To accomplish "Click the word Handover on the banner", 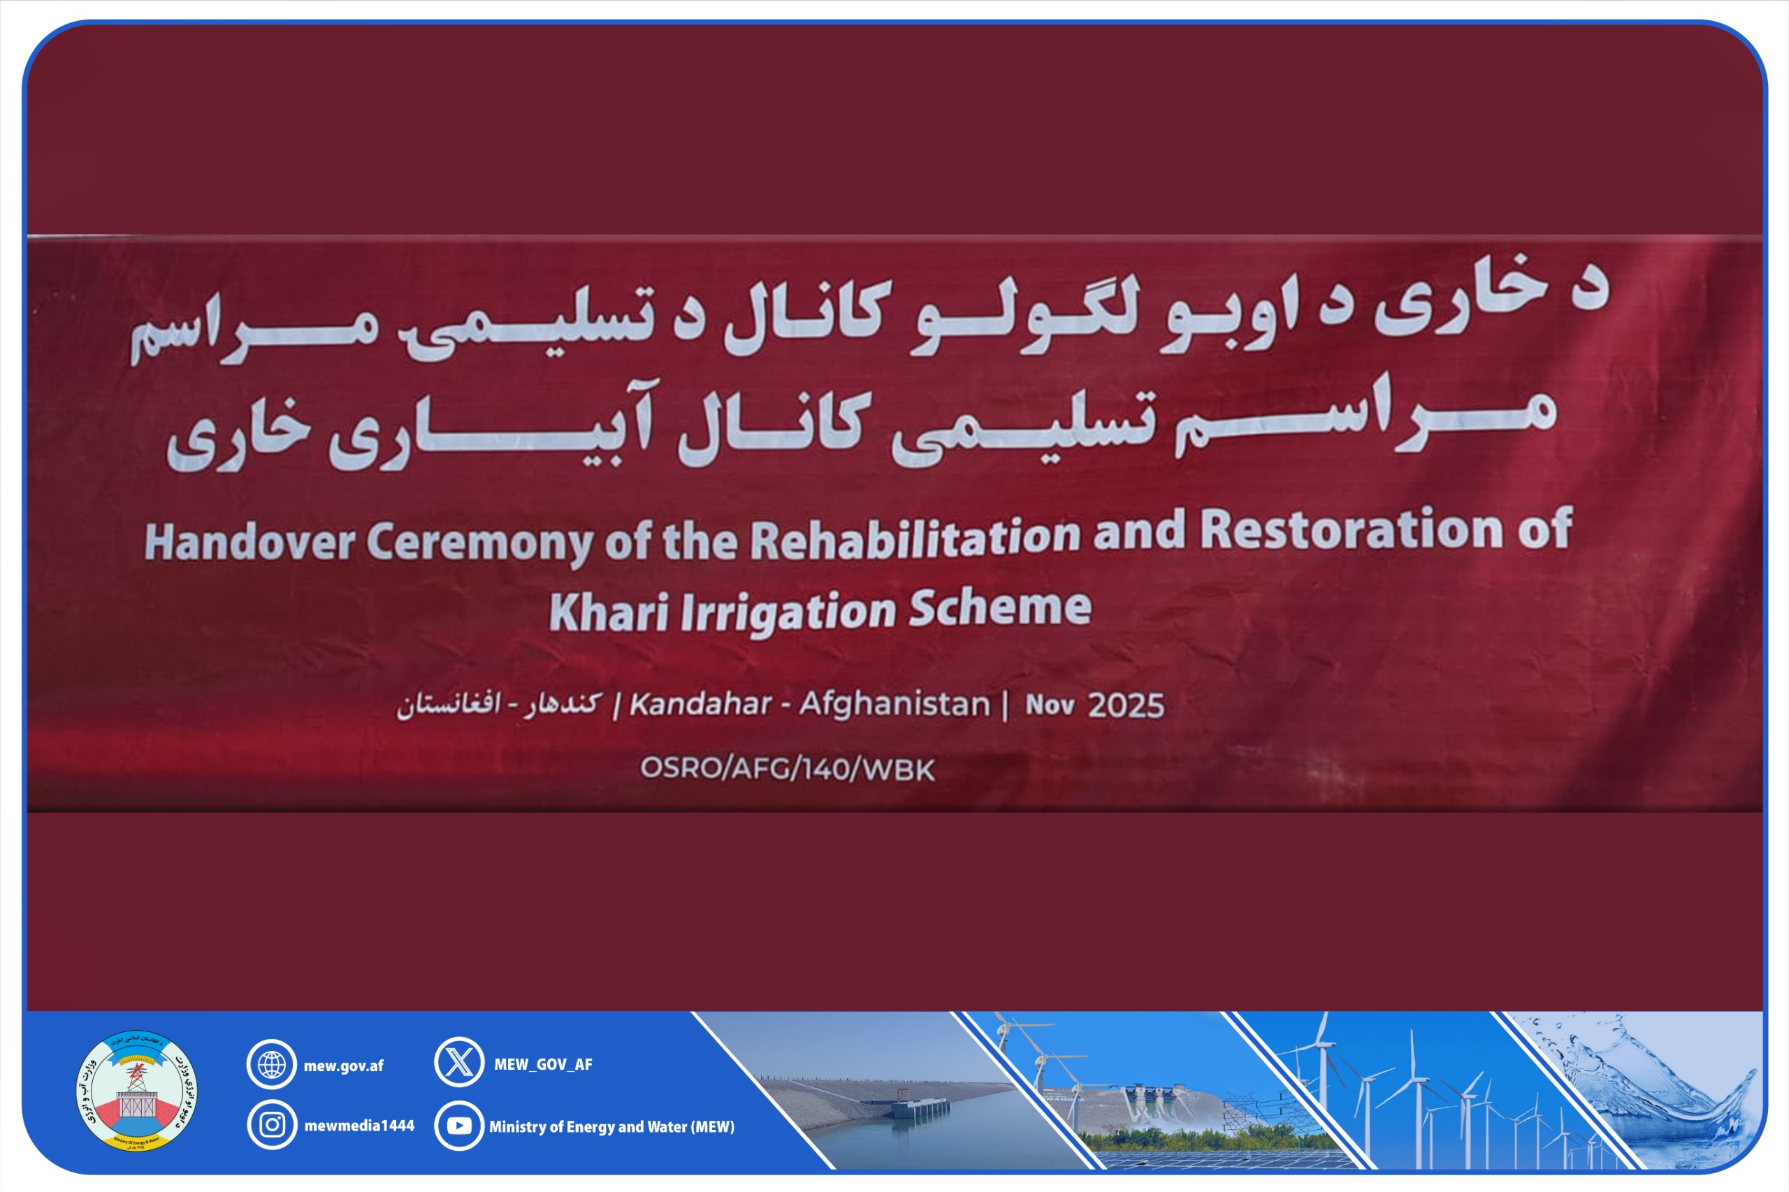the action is pos(249,543).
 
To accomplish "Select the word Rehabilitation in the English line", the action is pos(915,537).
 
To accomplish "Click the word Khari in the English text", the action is pos(609,612).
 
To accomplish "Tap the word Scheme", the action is pos(1000,608).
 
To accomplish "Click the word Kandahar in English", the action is pos(700,705).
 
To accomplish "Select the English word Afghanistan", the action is pos(895,704).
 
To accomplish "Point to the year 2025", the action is pos(1126,705).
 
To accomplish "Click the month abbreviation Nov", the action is pos(1050,705).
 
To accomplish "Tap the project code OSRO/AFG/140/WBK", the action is pos(788,770).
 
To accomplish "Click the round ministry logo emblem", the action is pos(137,1091).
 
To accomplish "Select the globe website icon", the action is pos(272,1064).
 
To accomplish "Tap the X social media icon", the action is pos(458,1062).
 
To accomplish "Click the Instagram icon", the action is pos(272,1125).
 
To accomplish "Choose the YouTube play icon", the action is pos(458,1126).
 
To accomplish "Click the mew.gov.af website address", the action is pos(344,1066).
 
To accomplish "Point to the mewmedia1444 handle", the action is pos(359,1126).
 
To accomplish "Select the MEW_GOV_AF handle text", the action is pos(543,1064).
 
